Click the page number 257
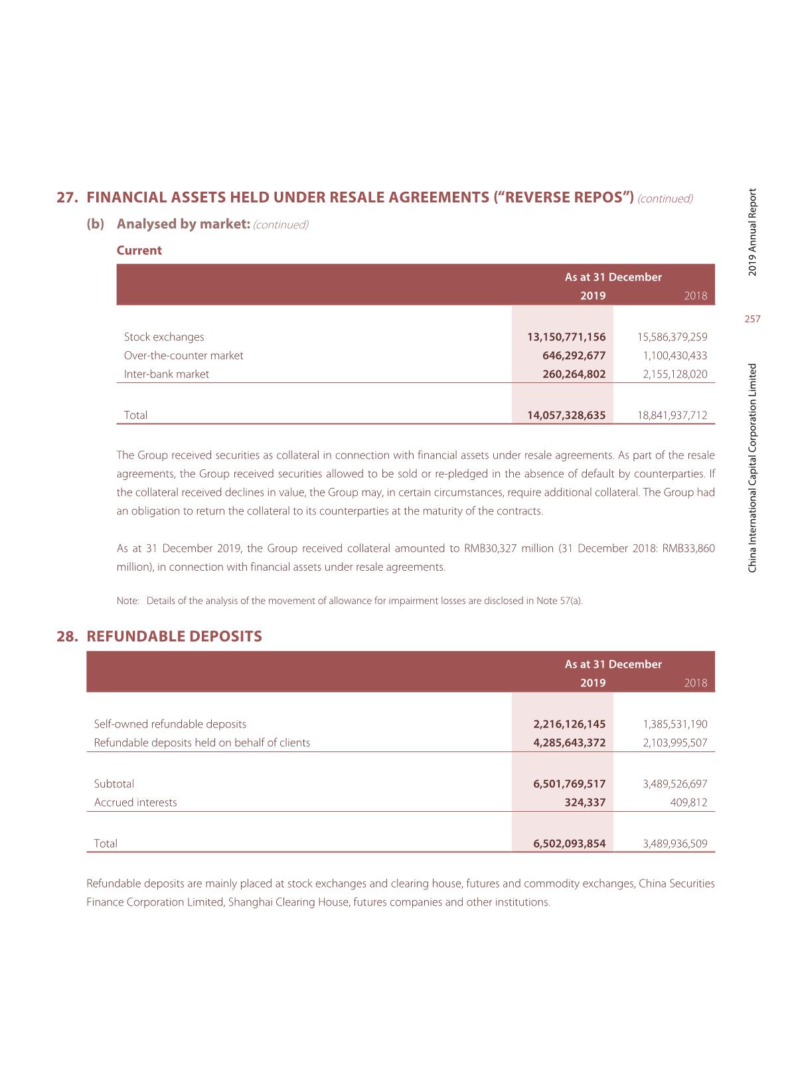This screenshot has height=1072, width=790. click(752, 319)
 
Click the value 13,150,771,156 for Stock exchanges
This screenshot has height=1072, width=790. click(566, 337)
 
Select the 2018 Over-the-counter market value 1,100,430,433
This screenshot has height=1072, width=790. click(674, 355)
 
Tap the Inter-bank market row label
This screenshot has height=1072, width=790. click(167, 374)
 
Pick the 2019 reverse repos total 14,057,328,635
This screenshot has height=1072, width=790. click(566, 415)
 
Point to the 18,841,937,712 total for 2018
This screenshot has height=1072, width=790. click(672, 415)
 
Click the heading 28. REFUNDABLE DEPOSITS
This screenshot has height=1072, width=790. click(159, 636)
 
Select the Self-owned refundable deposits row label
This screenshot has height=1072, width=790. click(170, 724)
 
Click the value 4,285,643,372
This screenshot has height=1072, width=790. click(570, 742)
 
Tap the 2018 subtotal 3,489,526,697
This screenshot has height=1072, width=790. click(674, 783)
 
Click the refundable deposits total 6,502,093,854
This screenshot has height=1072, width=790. click(570, 843)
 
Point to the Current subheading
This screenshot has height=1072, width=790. click(139, 250)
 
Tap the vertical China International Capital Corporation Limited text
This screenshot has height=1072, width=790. click(752, 468)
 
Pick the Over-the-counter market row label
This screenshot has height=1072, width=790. click(184, 355)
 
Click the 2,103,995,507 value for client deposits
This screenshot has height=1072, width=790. click(674, 742)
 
